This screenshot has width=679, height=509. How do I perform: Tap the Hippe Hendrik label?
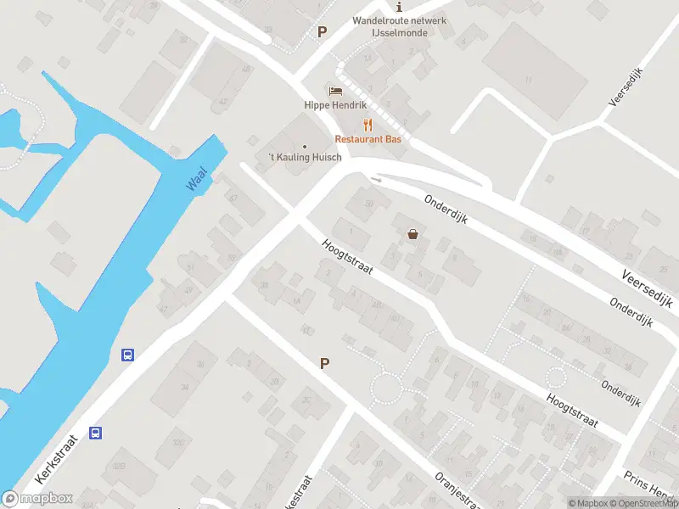[x=335, y=105]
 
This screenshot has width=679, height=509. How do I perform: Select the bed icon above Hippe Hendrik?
[x=335, y=91]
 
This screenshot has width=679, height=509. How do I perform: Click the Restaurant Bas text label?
[x=368, y=138]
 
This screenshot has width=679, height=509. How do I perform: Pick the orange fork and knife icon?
[x=368, y=124]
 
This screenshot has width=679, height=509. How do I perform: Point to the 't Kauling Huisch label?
[x=305, y=158]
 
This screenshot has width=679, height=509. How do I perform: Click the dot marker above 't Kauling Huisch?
[x=305, y=146]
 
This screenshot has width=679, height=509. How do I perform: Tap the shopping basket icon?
[x=413, y=234]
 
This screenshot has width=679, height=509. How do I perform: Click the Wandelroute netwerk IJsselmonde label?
[x=390, y=26]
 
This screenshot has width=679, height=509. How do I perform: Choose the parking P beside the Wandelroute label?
[x=322, y=32]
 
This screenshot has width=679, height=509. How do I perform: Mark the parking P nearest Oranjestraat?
[x=323, y=363]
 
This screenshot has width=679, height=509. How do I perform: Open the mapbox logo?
[x=38, y=499]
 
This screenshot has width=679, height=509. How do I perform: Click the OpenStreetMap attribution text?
[x=644, y=503]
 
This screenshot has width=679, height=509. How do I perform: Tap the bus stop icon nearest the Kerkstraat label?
[x=97, y=433]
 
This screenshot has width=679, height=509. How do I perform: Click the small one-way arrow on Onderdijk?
[x=376, y=179]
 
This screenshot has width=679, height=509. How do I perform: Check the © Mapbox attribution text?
[x=588, y=503]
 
